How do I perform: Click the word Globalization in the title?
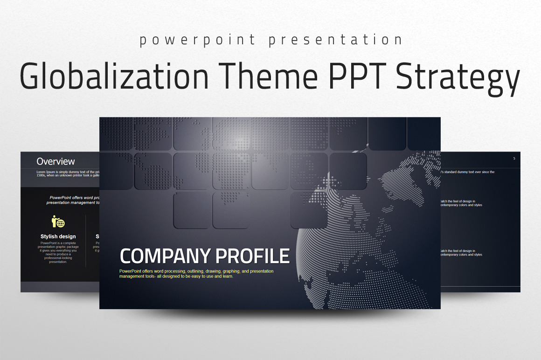point(114,76)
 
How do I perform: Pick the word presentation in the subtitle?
point(335,40)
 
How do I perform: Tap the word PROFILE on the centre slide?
point(253,256)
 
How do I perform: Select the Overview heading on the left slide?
point(55,162)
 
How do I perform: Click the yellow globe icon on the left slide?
point(58,222)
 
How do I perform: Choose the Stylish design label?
point(58,236)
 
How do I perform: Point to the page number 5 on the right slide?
point(514,159)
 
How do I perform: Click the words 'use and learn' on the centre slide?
point(218,276)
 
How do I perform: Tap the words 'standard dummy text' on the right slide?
point(466,172)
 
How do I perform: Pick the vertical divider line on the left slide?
point(86,240)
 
